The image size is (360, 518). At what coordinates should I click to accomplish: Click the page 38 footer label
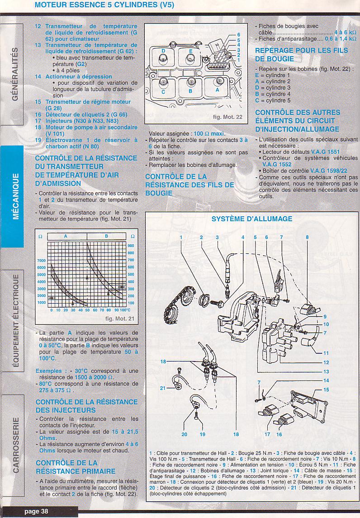(x=36, y=511)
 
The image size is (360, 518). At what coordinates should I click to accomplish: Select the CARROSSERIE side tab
(x=15, y=445)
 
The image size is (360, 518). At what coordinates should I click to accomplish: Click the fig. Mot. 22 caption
(x=227, y=117)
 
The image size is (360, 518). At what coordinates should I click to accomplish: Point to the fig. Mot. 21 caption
(x=119, y=319)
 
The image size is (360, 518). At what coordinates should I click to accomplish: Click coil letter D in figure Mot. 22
(x=163, y=51)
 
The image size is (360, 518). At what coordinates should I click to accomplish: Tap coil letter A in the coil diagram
(x=218, y=90)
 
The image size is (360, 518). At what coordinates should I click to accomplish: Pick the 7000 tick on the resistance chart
(x=41, y=260)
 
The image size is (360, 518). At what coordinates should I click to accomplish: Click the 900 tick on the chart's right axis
(x=131, y=246)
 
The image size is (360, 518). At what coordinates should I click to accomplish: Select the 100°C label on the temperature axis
(x=125, y=310)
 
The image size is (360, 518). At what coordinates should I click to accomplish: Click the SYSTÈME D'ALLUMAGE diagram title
(x=251, y=219)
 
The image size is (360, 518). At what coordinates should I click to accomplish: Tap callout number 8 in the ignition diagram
(x=307, y=237)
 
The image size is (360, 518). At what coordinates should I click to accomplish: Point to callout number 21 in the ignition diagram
(x=162, y=388)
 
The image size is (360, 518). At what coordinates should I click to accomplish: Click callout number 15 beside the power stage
(x=327, y=390)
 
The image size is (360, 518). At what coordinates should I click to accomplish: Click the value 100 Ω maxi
(x=209, y=134)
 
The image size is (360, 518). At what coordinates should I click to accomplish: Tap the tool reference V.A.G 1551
(x=325, y=152)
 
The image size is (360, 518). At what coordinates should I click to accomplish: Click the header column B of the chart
(x=106, y=236)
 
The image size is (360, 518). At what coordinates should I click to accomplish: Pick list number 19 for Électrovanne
(x=38, y=140)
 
